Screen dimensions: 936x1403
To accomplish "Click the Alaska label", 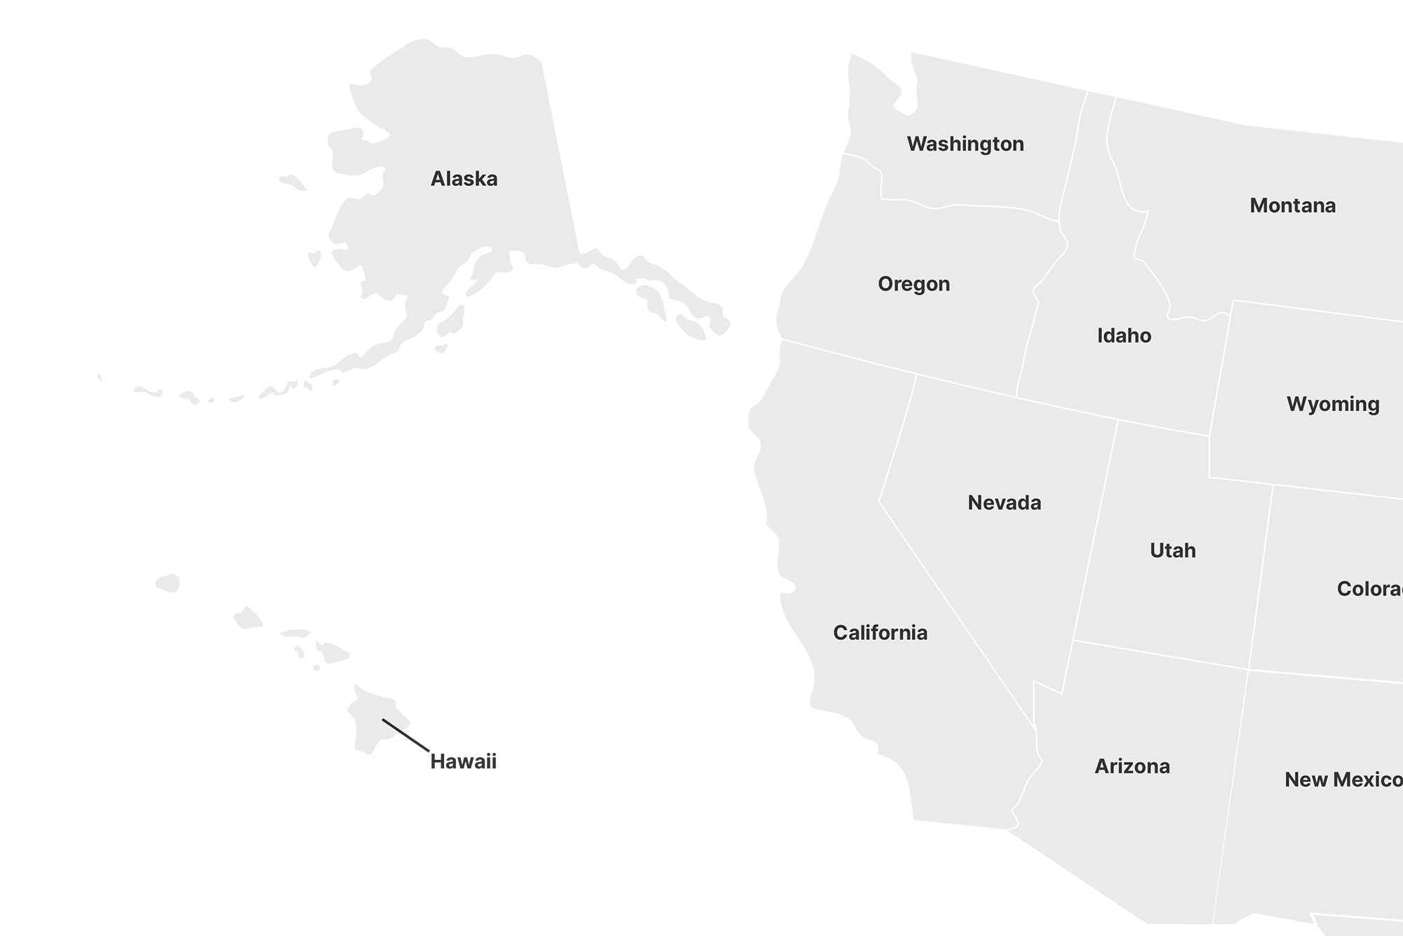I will coord(464,179).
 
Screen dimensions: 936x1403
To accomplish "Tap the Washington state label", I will coord(965,144).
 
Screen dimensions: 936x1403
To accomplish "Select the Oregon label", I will coord(913,284).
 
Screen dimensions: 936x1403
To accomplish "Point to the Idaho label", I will coord(1124,335).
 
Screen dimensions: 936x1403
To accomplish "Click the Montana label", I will coord(1292,206).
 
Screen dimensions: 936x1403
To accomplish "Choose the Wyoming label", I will coord(1332,404).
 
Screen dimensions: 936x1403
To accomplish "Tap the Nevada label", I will coord(1004,502).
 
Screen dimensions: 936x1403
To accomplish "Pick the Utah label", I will coord(1172,550).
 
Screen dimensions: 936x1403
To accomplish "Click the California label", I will coord(880,633).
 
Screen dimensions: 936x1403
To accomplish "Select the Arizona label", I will coord(1132,766).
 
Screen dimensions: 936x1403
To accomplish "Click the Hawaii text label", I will coord(463,761).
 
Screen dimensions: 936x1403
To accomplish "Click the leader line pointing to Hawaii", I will coord(405,735).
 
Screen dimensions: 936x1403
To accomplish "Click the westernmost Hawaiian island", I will coord(168,582).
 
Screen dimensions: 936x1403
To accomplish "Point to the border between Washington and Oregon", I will coord(968,206).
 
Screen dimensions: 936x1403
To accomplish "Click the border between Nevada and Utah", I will coord(1095,533).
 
